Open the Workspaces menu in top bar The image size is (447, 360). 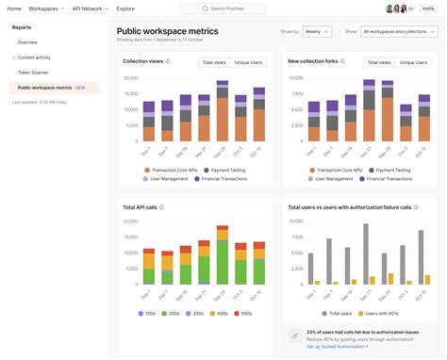[43, 8]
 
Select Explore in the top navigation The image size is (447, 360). [124, 8]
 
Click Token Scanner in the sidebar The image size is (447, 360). [34, 72]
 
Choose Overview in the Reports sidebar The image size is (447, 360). [27, 42]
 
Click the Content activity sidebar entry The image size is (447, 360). [34, 57]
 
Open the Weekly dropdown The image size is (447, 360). [317, 31]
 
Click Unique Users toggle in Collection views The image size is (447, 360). [248, 62]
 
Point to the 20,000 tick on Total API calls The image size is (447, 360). [132, 221]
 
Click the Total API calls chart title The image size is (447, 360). [141, 206]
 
